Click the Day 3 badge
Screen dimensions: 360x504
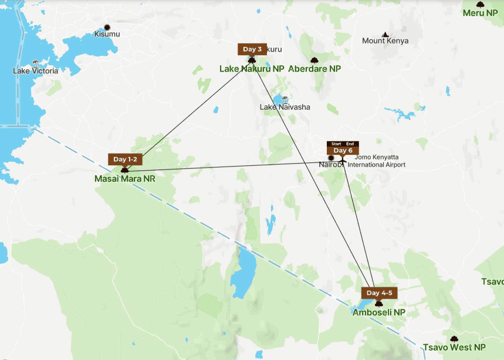pos(252,49)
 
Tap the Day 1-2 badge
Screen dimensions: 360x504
pos(124,159)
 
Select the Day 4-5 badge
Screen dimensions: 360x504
pos(378,293)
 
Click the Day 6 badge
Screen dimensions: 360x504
pos(342,151)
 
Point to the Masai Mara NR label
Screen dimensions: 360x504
pos(124,179)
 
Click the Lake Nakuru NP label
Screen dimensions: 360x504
pos(252,69)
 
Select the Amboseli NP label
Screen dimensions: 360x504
pos(378,313)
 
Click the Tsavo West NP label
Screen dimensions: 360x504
pos(455,348)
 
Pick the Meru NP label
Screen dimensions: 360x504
pos(480,12)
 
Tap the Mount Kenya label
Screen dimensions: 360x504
pos(385,41)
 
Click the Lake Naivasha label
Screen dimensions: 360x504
pos(285,107)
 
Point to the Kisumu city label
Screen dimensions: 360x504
pos(107,34)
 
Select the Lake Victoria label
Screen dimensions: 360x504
pos(35,71)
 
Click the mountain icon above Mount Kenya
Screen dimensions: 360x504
pos(385,34)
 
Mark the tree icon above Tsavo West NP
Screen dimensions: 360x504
pos(454,339)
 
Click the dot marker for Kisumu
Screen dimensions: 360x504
pos(107,27)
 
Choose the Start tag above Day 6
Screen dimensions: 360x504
pos(336,144)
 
